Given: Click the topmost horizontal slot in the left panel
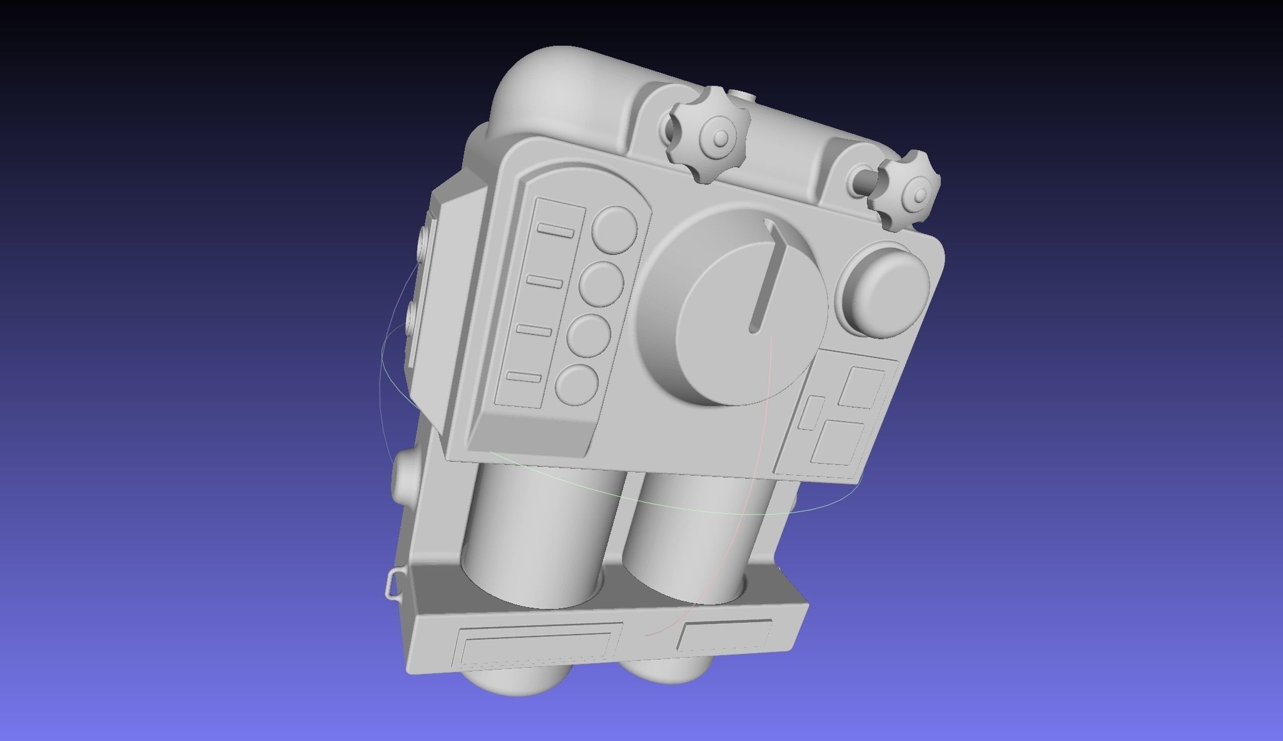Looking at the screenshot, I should click(555, 231).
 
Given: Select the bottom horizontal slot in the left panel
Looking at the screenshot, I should click(524, 377).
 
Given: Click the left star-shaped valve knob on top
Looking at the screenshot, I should click(707, 135).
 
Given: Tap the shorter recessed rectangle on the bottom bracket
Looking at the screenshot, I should click(724, 635).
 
